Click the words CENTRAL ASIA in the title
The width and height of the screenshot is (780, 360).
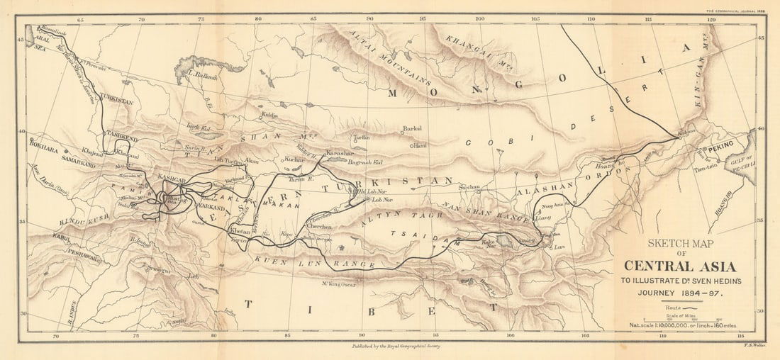679,266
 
